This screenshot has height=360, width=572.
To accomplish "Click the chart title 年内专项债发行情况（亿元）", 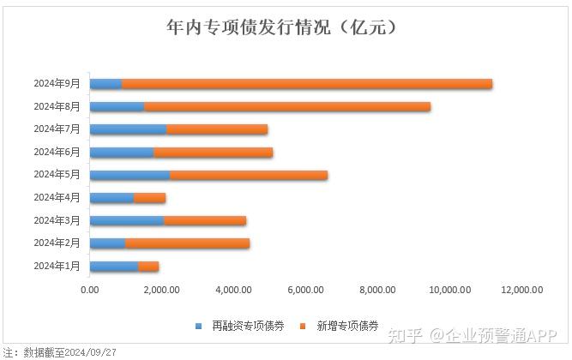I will coord(285,27).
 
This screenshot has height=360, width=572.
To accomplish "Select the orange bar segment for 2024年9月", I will coord(307,84).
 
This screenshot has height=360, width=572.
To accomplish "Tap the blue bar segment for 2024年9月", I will coord(105,84).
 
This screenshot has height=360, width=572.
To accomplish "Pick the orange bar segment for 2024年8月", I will coord(287,107).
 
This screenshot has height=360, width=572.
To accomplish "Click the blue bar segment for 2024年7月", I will coord(128,129).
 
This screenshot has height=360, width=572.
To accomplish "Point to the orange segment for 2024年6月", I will coord(213,153).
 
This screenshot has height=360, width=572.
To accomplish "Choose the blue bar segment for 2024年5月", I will coord(129,175).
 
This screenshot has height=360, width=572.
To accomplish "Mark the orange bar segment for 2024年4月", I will coord(149,198).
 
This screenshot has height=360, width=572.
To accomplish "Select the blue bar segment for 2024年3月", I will coord(126,221).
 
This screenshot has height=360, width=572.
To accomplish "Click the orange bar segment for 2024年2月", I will coord(187,243).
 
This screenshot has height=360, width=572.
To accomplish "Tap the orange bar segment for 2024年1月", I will coord(148,267).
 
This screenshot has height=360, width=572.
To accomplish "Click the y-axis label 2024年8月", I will coord(57,107).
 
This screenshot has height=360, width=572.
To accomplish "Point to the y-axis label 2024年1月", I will coord(57,267).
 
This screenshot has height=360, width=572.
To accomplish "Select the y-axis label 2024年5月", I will coord(57,175).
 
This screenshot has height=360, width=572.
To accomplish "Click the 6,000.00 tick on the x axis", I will coord(306,290).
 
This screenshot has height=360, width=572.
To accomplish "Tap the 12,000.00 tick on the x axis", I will coord(522,290).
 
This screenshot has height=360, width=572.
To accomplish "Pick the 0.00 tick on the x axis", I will coord(89,290).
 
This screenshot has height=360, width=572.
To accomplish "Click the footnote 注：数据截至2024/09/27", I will coord(60,352).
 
